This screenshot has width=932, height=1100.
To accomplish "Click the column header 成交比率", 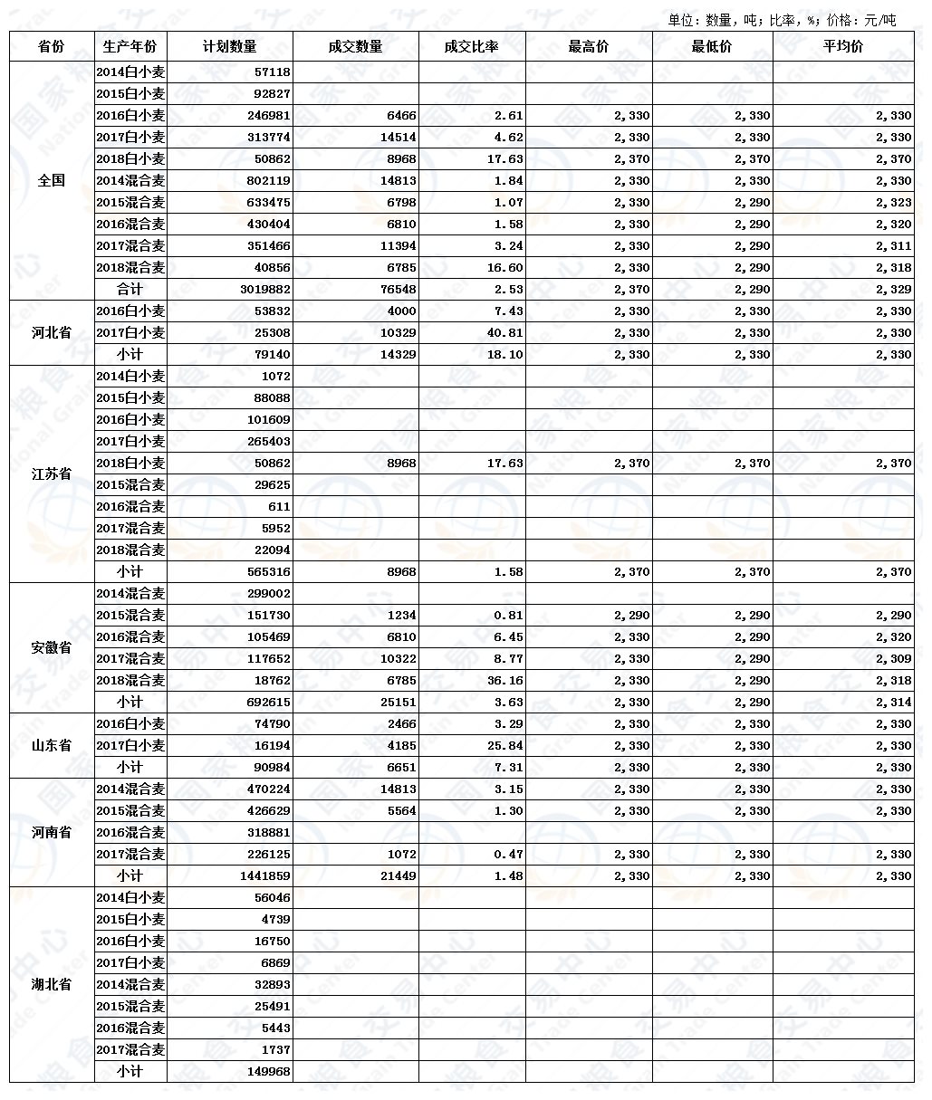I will pos(471,47).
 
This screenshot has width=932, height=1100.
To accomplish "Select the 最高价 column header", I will pos(588,47).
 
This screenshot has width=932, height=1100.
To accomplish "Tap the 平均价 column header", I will pos(842,47).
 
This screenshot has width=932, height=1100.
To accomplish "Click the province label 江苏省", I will pos(52,473).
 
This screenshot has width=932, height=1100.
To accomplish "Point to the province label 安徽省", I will pos(52,647).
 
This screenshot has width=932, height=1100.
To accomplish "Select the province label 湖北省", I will pos(52,984).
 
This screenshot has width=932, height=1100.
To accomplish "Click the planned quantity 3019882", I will pos(263,290).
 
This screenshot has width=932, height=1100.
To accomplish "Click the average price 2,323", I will pos(893,203).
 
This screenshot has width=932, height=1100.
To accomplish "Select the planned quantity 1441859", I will pos(263,876).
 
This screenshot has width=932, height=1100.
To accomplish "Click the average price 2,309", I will pos(893,659).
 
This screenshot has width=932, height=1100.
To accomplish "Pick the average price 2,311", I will pos(893,246).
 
